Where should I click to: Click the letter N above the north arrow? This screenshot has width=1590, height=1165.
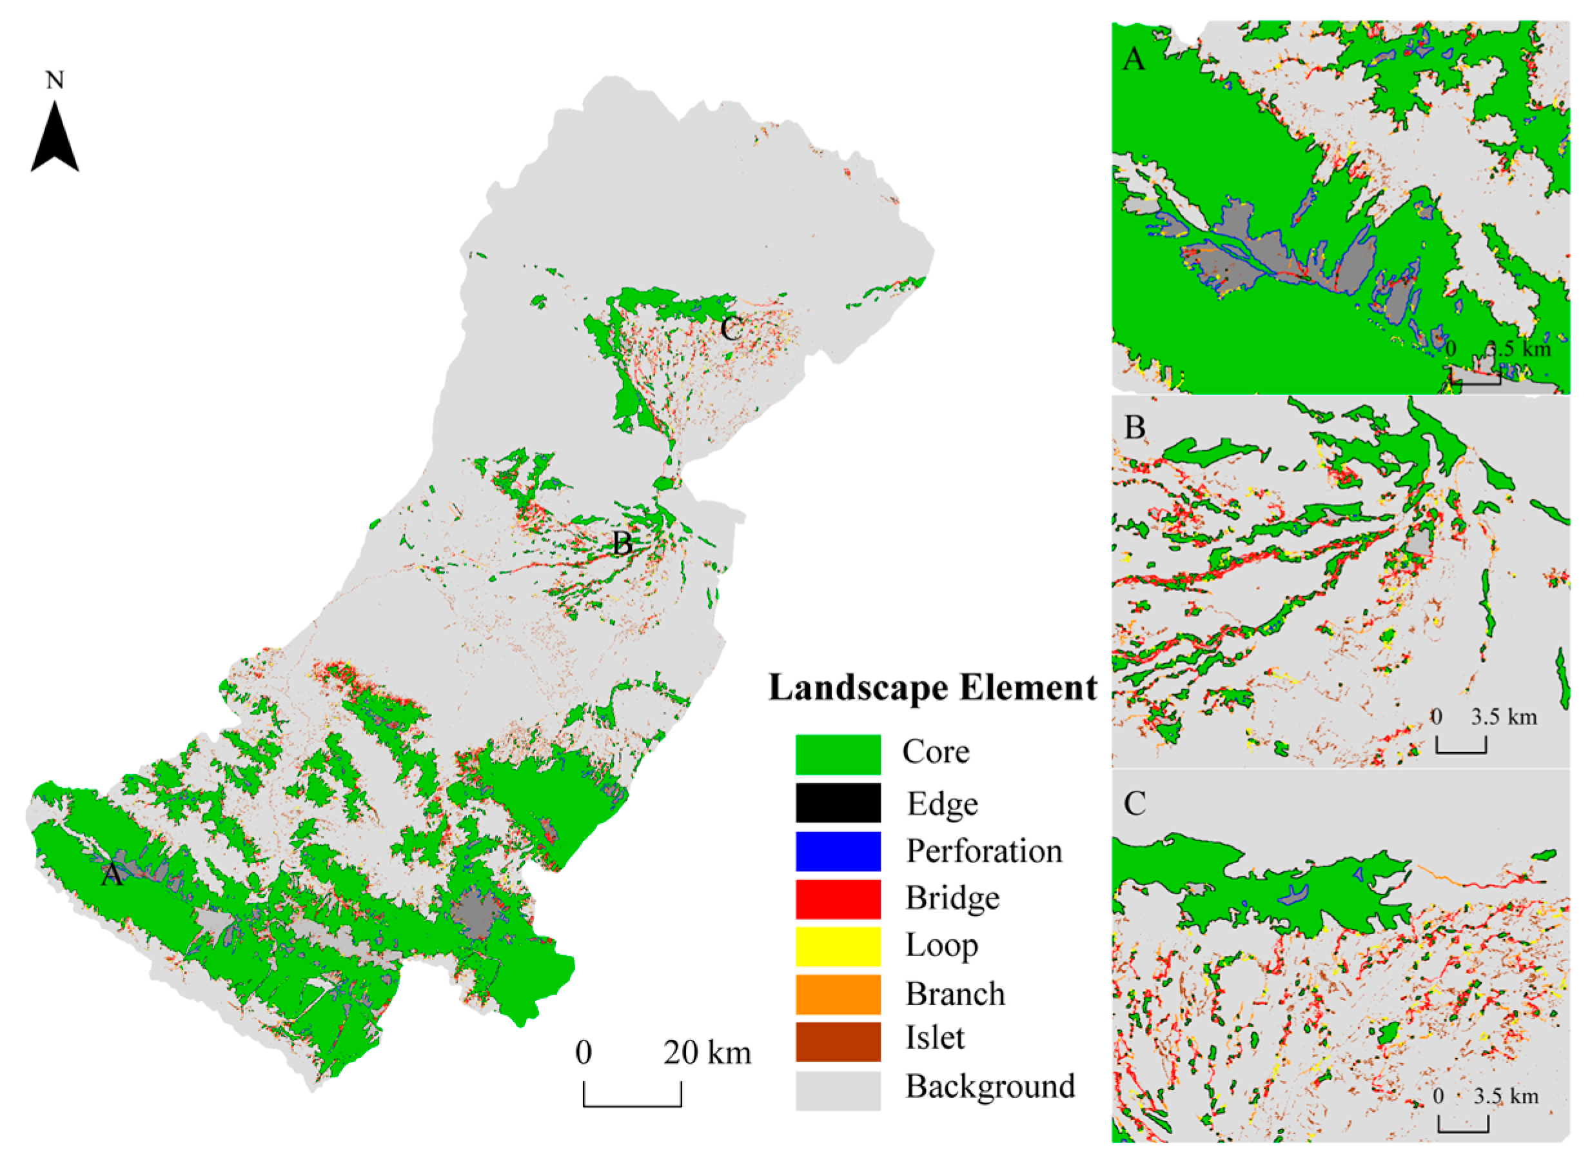(x=54, y=81)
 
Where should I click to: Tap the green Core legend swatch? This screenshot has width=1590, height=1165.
(x=838, y=754)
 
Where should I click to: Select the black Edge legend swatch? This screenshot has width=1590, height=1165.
(x=838, y=802)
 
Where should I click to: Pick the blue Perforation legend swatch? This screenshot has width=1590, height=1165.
(x=838, y=850)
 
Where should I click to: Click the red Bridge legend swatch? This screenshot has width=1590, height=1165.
(x=838, y=899)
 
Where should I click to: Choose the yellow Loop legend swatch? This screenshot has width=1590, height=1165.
(x=838, y=946)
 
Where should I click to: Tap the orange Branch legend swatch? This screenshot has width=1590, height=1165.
(x=838, y=993)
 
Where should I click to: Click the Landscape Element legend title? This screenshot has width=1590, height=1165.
(x=932, y=688)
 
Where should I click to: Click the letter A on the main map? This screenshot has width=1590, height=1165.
(x=112, y=875)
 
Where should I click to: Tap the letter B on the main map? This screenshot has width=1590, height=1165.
(x=622, y=543)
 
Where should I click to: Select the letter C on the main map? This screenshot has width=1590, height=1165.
(x=731, y=328)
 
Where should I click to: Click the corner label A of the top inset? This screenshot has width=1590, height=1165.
(x=1134, y=59)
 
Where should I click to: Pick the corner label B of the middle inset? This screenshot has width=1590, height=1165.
(x=1134, y=427)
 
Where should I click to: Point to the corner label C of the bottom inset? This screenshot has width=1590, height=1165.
(x=1134, y=802)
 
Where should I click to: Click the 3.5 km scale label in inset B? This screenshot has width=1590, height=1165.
(x=1504, y=717)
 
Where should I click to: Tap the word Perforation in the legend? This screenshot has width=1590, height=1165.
(x=984, y=850)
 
